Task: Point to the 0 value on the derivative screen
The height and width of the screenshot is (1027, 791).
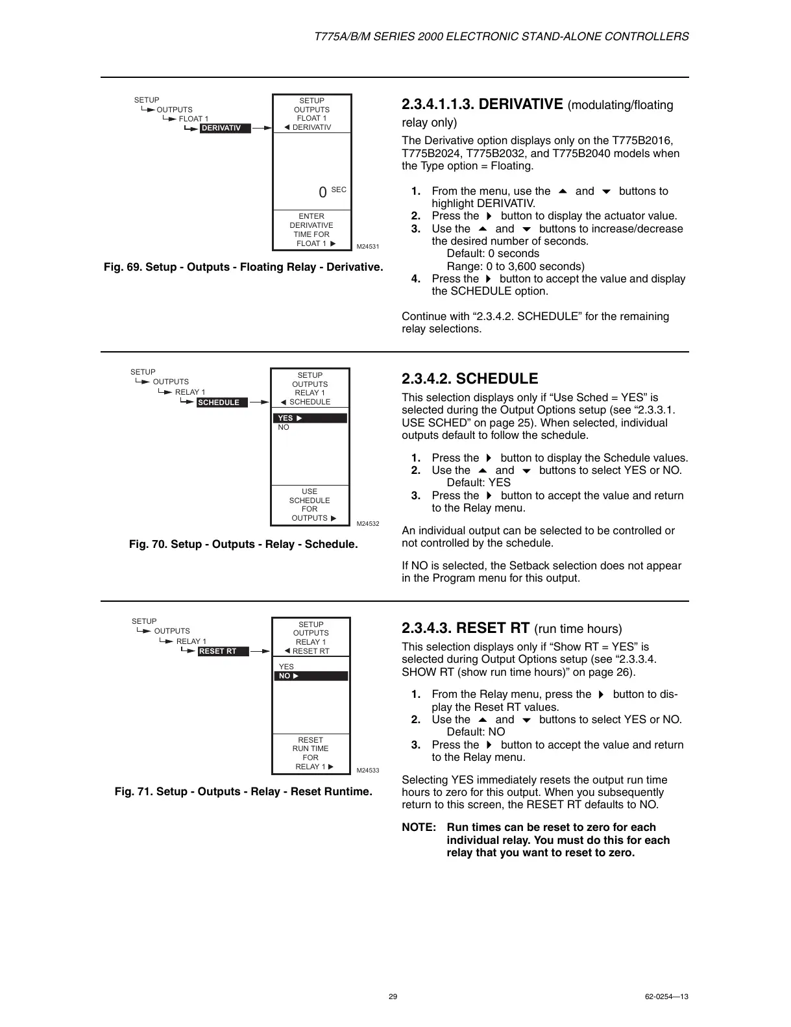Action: click(x=322, y=193)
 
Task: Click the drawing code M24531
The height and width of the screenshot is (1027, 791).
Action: click(x=368, y=247)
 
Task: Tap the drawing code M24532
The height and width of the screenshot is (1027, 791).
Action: click(x=368, y=523)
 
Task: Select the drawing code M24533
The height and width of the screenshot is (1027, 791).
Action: click(x=368, y=771)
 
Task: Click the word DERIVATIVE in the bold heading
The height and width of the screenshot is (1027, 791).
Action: click(x=520, y=105)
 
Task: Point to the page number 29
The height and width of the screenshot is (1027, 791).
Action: click(x=393, y=996)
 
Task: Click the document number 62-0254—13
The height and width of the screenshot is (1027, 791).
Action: click(x=667, y=996)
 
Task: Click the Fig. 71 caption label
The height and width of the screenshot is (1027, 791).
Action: click(x=134, y=792)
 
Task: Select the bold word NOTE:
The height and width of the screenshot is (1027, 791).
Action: click(x=419, y=828)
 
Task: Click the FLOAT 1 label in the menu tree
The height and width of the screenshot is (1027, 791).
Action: click(x=193, y=119)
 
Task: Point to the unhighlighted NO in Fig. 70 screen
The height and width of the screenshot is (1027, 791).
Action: click(x=284, y=427)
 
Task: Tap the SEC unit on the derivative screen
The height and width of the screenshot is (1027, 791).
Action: click(x=339, y=190)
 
